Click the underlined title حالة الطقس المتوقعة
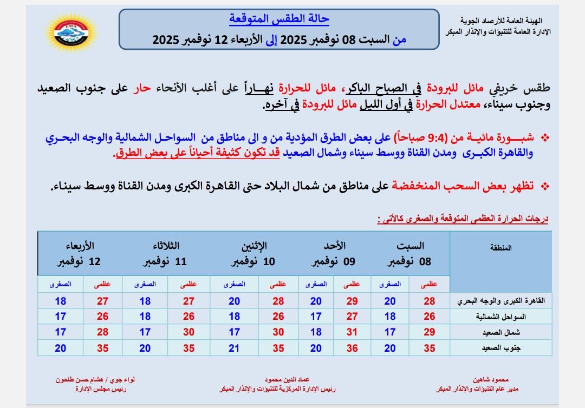tap(279, 19)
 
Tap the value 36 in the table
tap(352, 348)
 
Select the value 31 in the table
tap(352, 332)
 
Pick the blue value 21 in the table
tap(234, 348)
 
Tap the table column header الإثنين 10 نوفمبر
tap(255, 254)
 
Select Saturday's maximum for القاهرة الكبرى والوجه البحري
tap(430, 301)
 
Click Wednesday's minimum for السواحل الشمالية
tap(61, 317)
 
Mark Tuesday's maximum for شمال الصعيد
tap(188, 332)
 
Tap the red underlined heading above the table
tap(463, 219)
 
